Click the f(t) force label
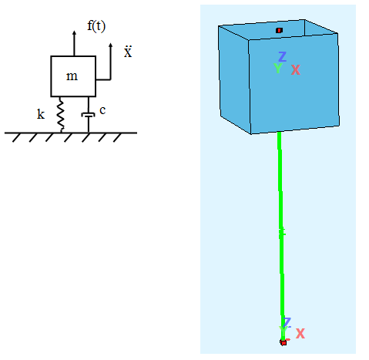point(96,25)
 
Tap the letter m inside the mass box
point(72,76)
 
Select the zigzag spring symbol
point(61,115)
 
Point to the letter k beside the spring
point(41,114)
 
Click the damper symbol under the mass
point(89,115)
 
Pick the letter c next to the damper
point(102,110)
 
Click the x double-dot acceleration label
point(128,52)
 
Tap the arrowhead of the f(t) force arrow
point(74,33)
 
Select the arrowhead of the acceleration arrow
point(110,45)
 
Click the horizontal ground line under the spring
point(71,133)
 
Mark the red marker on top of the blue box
point(279,30)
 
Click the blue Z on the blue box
point(282,56)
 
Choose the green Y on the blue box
point(278,69)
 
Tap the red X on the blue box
point(296,69)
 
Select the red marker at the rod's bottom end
point(283,342)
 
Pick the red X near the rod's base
point(300,334)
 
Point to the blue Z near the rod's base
point(287,322)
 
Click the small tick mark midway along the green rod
point(282,231)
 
